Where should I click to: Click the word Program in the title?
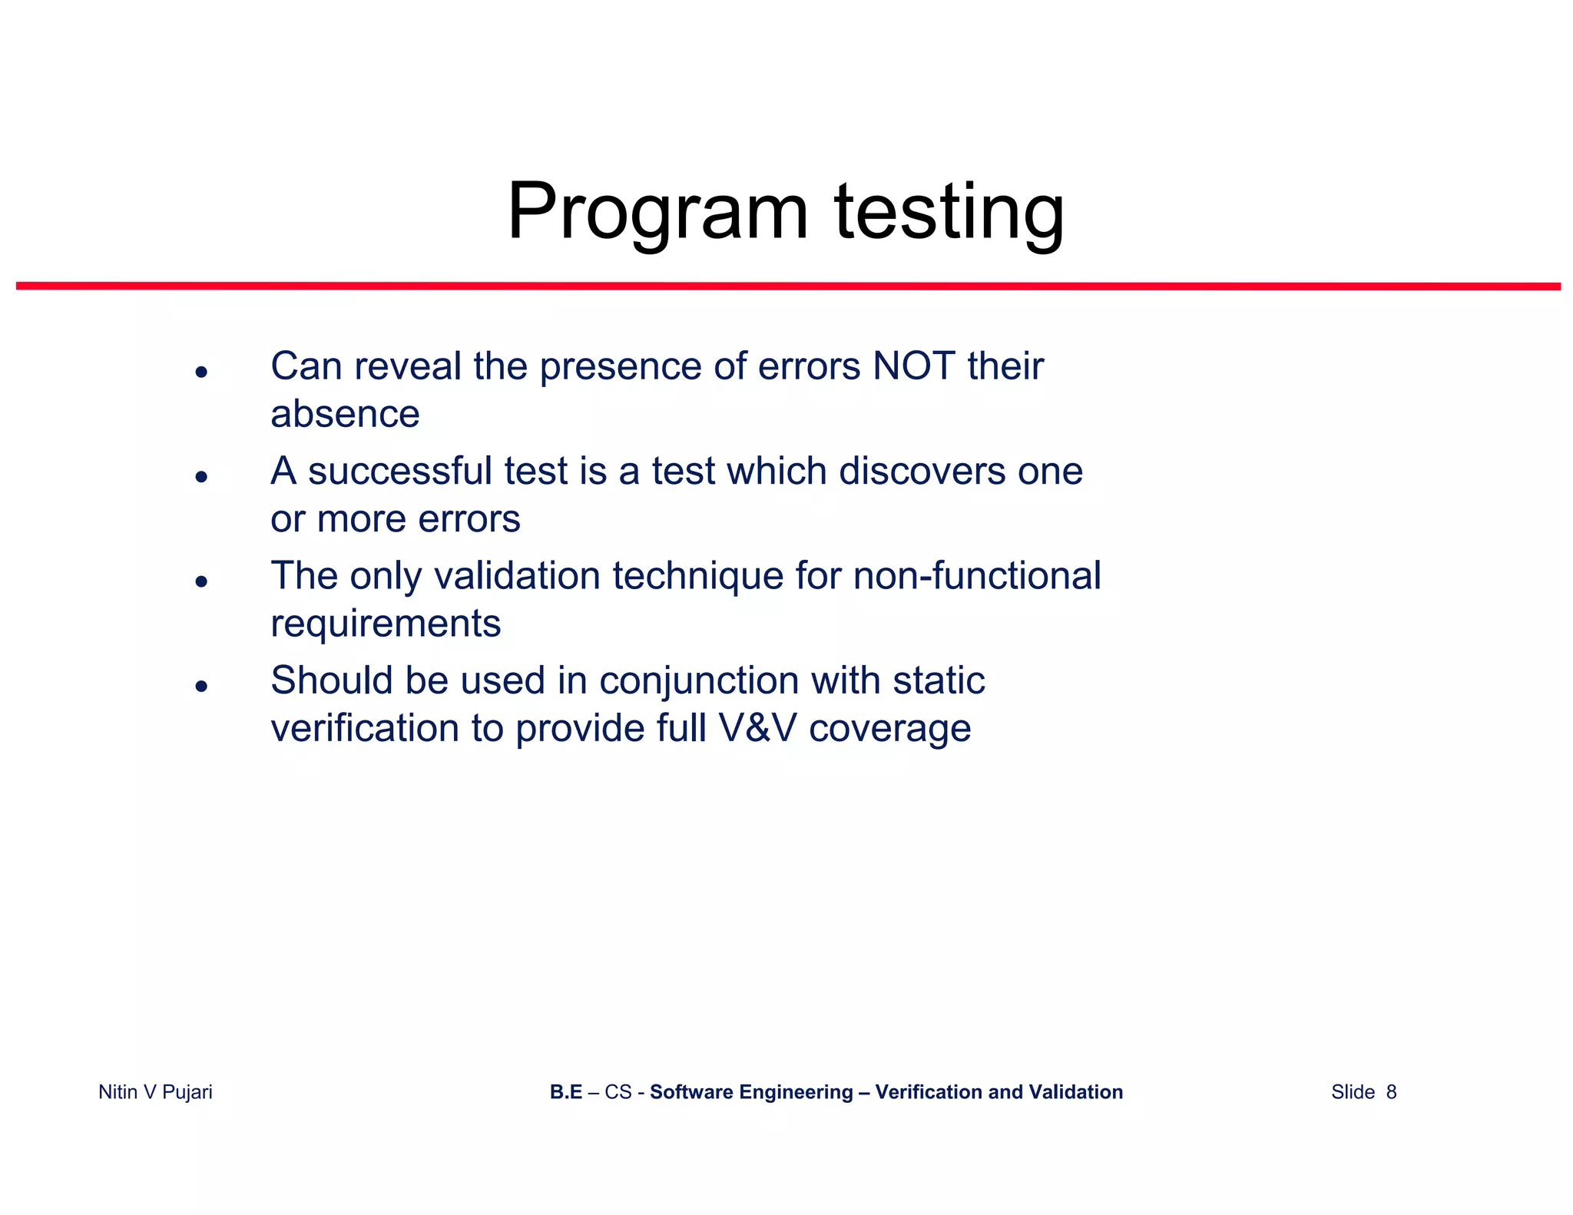(x=657, y=212)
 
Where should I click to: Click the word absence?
(x=345, y=414)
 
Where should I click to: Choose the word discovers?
(x=922, y=471)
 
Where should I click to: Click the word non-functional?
(x=977, y=575)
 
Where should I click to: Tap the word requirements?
(x=386, y=623)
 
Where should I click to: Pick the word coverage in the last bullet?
(x=889, y=728)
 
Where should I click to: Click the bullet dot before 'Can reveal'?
(x=201, y=372)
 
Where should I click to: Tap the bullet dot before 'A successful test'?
(x=201, y=477)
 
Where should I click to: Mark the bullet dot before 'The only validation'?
(x=201, y=581)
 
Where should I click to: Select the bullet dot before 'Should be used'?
(x=201, y=686)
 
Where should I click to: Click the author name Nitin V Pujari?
(x=155, y=1092)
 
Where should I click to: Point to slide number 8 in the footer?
(x=1391, y=1092)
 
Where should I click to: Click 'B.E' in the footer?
(x=566, y=1092)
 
